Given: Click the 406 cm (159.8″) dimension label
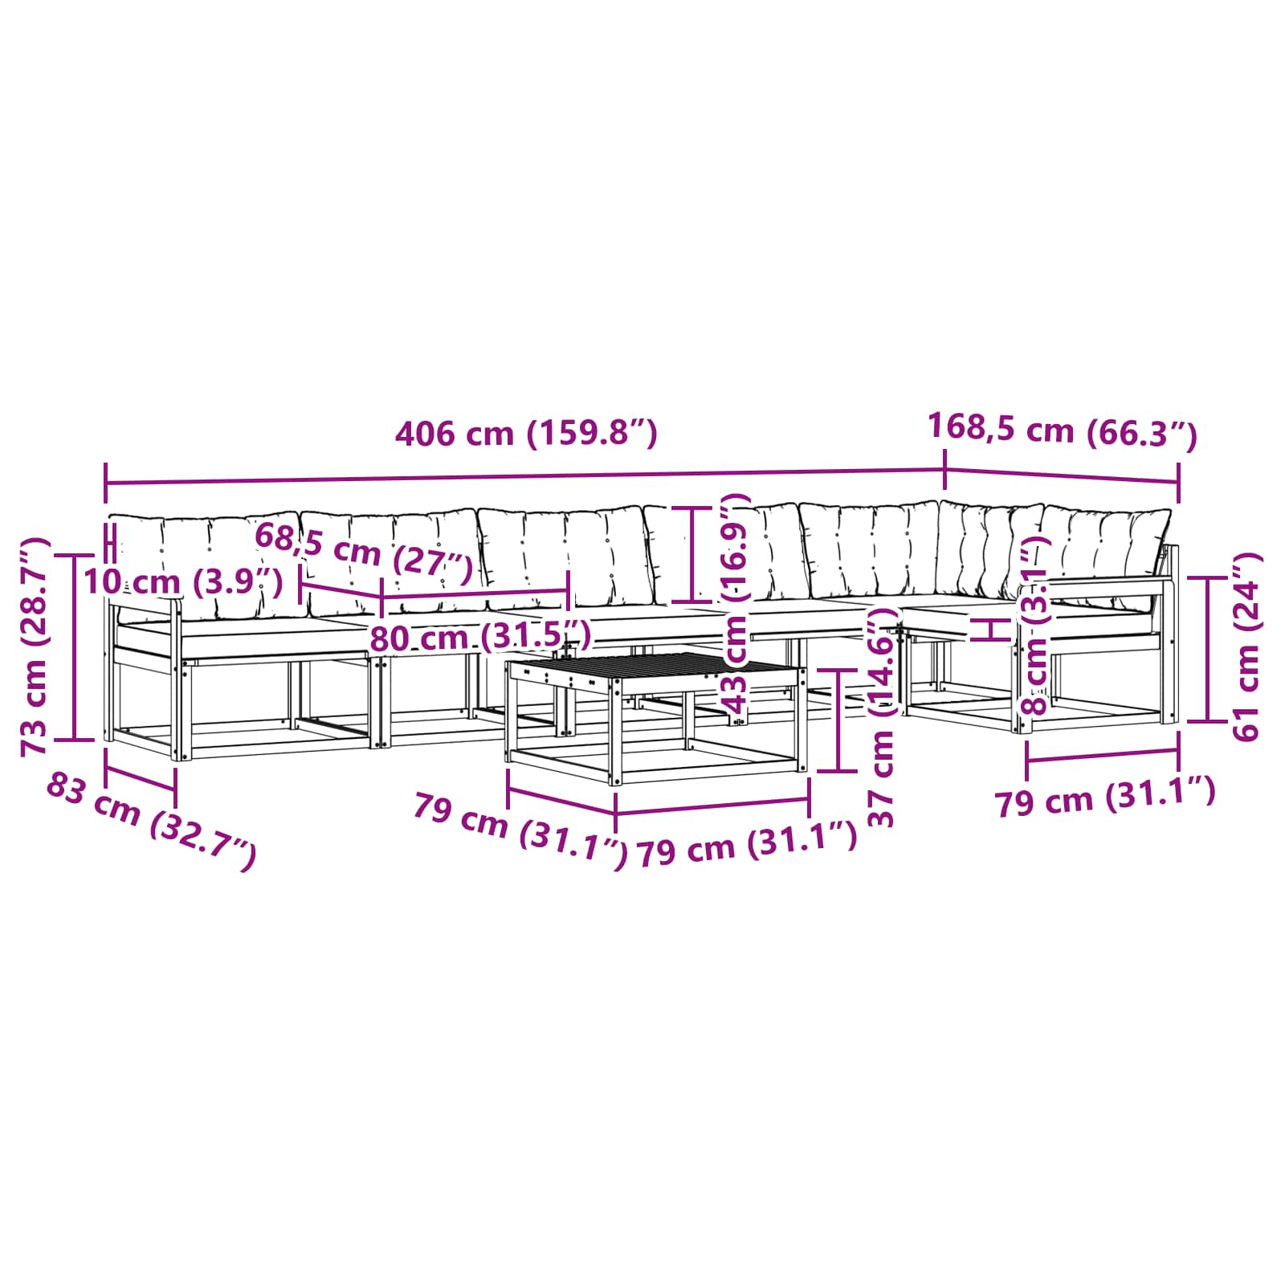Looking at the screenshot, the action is click(526, 434).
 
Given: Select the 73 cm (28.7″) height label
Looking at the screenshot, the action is click(36, 647).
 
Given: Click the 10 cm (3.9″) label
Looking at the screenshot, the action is click(183, 581).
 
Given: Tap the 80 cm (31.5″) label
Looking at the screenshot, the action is click(480, 638).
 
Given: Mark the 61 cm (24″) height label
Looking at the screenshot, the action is click(1246, 647).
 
